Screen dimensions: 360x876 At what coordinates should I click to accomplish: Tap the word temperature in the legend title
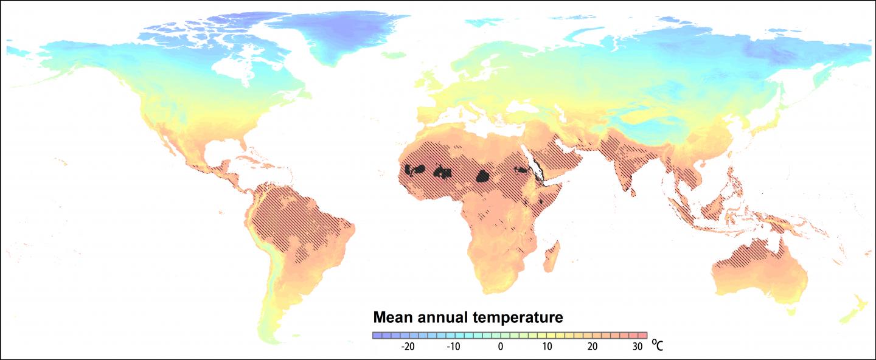point(520,317)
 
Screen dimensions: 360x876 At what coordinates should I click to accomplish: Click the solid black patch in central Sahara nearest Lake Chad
point(484,176)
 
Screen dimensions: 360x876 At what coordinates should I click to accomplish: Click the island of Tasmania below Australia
point(791,311)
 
